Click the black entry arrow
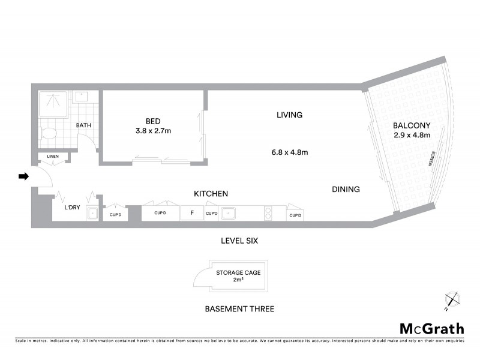[23, 176]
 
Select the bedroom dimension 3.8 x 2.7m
[154, 130]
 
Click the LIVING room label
[289, 115]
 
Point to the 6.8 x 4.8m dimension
[289, 152]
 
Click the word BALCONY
[412, 125]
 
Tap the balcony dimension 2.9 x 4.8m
[412, 135]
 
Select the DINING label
[346, 190]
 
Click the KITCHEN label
[210, 194]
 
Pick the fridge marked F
[192, 213]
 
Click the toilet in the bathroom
[49, 133]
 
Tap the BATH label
[83, 125]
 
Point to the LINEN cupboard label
[53, 157]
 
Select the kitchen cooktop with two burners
[268, 212]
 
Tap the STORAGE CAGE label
[238, 272]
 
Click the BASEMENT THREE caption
[239, 309]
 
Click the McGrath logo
[432, 328]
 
